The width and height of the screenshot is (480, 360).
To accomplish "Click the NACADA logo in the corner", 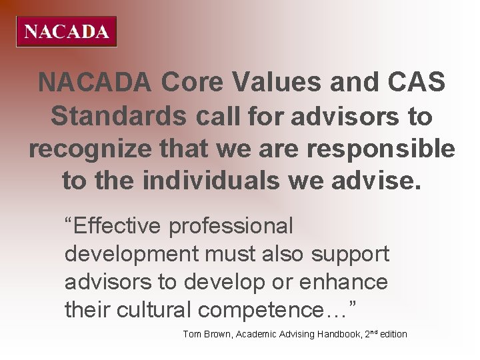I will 66,31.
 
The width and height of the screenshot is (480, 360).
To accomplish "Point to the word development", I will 131,254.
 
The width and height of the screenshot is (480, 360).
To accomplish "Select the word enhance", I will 344,282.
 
